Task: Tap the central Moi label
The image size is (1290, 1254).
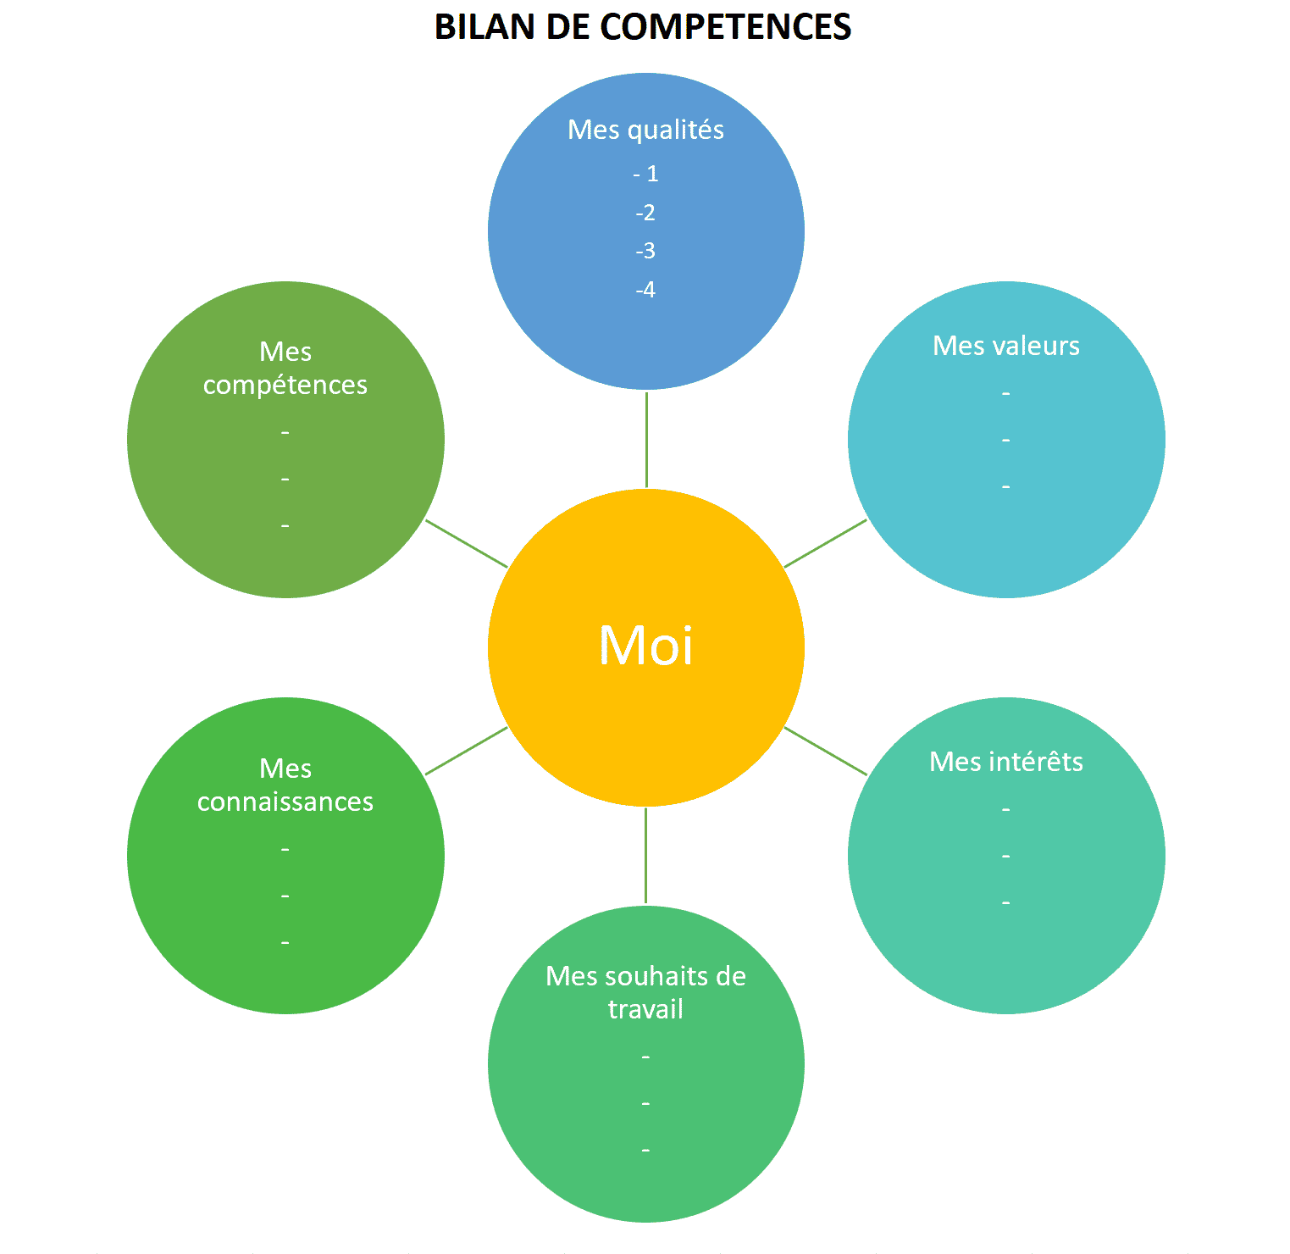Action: pyautogui.click(x=645, y=646)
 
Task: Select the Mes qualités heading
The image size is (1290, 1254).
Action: pyautogui.click(x=645, y=130)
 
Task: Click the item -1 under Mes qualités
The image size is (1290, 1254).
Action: pyautogui.click(x=645, y=174)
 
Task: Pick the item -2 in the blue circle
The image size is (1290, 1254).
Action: pyautogui.click(x=645, y=213)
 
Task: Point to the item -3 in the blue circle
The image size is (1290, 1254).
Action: pyautogui.click(x=645, y=251)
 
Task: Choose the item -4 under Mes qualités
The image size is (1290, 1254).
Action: pyautogui.click(x=645, y=290)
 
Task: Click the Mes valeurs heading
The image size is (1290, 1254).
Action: pyautogui.click(x=1005, y=346)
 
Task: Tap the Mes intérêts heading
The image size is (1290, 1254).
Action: pyautogui.click(x=1005, y=762)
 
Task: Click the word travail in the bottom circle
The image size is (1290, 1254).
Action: pyautogui.click(x=645, y=1009)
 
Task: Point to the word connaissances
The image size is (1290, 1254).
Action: pyautogui.click(x=285, y=802)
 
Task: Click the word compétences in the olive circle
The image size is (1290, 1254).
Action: pyautogui.click(x=285, y=386)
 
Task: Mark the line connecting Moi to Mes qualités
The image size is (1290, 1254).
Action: pyautogui.click(x=646, y=439)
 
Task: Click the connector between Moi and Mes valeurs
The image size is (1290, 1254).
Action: pyautogui.click(x=826, y=543)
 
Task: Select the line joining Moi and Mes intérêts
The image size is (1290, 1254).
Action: pyautogui.click(x=826, y=751)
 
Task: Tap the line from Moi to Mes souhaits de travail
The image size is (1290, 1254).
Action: pyautogui.click(x=645, y=856)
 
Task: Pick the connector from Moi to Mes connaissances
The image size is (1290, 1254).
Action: pyautogui.click(x=466, y=751)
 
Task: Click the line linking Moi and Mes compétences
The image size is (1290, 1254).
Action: pyautogui.click(x=466, y=543)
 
